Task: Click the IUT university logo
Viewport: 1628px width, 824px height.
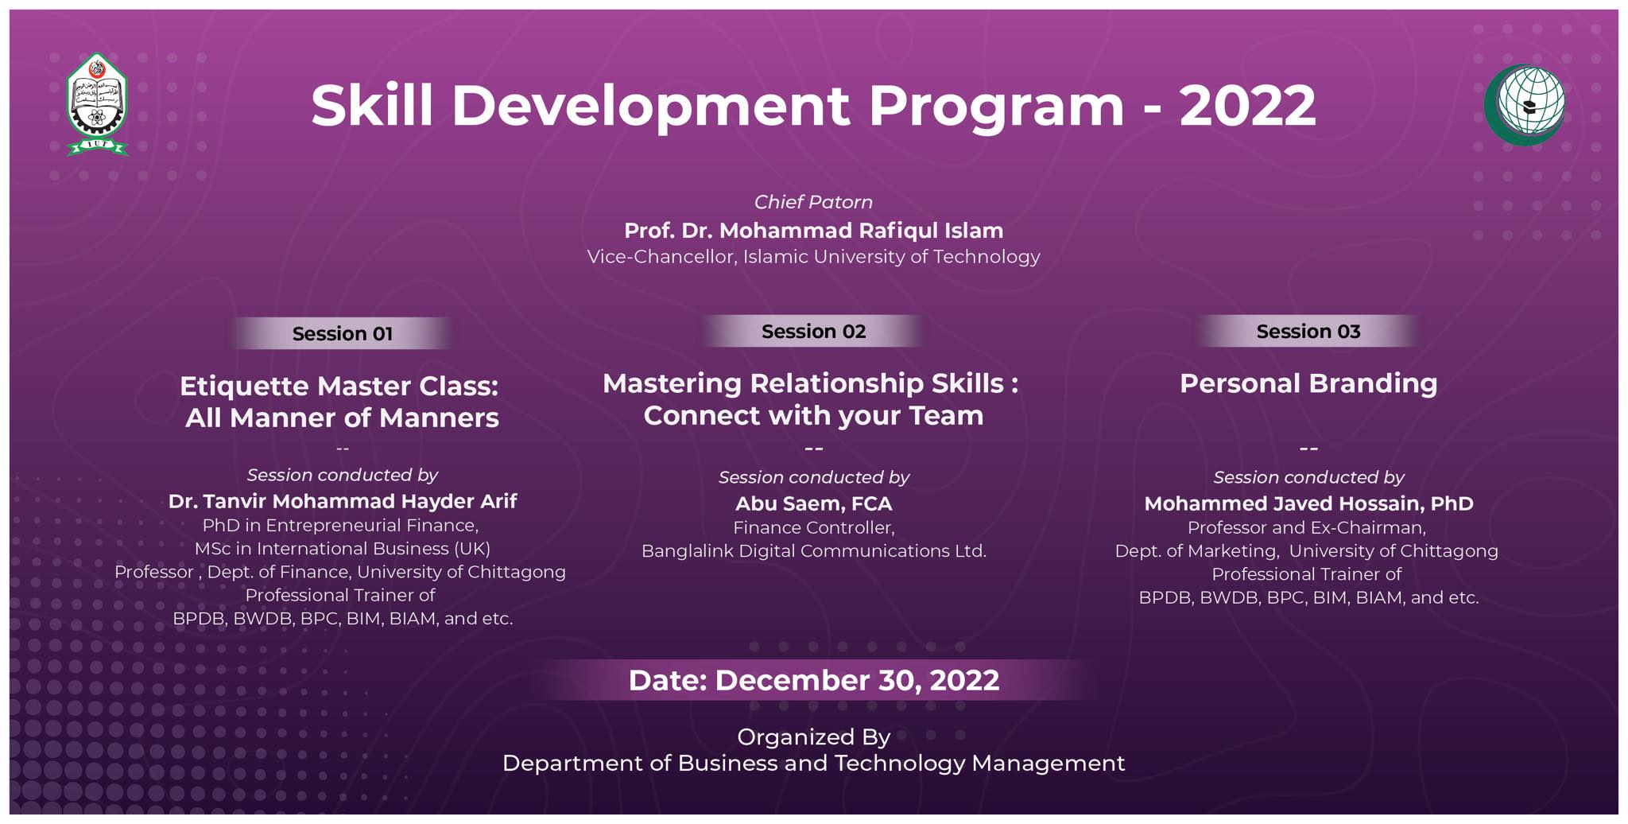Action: tap(97, 104)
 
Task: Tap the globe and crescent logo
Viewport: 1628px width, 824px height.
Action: tap(1525, 104)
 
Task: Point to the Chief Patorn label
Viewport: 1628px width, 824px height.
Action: tap(813, 202)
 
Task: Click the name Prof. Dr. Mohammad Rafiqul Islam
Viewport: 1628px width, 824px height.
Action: tap(813, 231)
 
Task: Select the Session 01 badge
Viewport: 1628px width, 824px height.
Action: tap(343, 333)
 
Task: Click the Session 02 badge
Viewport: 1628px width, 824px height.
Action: tap(813, 331)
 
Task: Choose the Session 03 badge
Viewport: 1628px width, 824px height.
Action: tap(1308, 331)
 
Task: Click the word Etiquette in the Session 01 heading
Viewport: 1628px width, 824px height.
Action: tap(243, 387)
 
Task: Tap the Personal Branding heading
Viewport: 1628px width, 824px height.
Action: tap(1308, 383)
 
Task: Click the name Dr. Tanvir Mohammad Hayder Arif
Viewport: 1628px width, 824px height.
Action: tap(343, 501)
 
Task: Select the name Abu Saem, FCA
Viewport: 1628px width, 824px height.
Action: tap(813, 503)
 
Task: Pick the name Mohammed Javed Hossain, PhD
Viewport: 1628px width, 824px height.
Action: tap(1308, 503)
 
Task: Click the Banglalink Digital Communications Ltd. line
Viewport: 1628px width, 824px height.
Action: tap(813, 551)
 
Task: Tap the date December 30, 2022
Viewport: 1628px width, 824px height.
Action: tap(857, 681)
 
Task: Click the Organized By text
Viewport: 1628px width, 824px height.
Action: tap(813, 737)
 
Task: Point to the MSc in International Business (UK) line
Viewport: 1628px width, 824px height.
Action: tap(343, 549)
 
